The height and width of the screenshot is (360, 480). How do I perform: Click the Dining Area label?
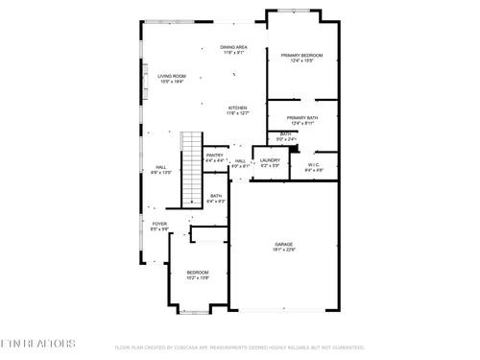click(x=234, y=47)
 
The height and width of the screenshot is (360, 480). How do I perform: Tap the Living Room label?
click(x=171, y=76)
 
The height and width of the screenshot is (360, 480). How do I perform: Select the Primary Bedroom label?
click(x=301, y=56)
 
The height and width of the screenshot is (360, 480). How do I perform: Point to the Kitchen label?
click(x=237, y=108)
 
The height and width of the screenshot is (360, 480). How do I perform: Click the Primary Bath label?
click(x=301, y=118)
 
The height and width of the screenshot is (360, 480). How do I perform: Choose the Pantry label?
click(x=214, y=155)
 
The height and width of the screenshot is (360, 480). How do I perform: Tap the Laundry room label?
click(x=269, y=160)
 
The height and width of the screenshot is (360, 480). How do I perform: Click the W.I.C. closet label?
click(x=314, y=164)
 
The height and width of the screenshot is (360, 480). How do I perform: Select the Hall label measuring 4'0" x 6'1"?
click(x=240, y=161)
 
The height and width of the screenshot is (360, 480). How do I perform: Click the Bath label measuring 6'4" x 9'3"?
click(x=216, y=196)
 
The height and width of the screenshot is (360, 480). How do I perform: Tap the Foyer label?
click(x=159, y=224)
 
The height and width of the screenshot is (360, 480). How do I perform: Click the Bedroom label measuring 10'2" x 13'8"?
click(x=198, y=273)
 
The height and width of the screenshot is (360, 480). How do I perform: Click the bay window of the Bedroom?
click(x=198, y=312)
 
